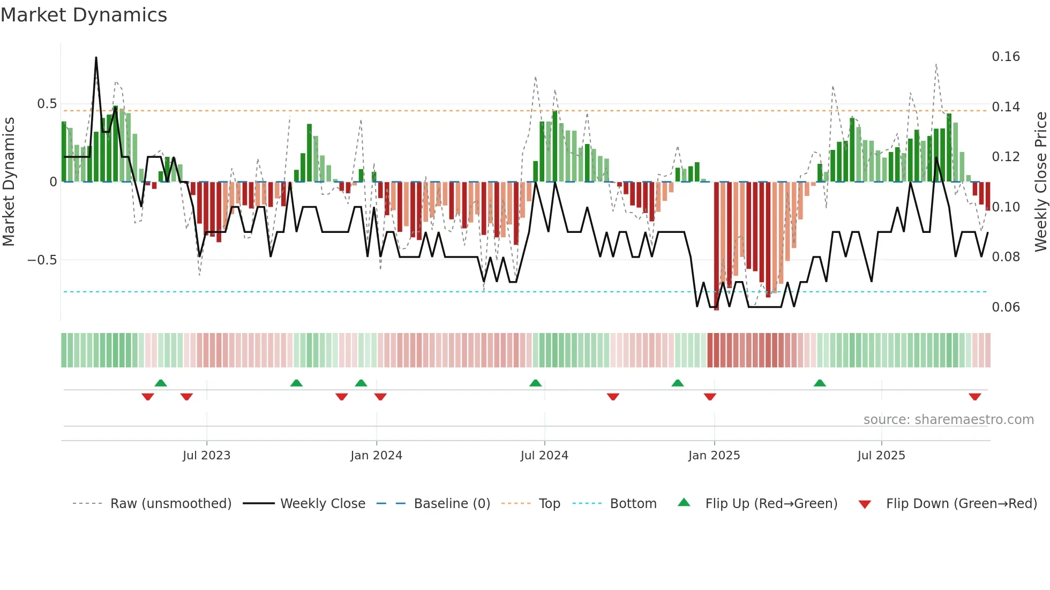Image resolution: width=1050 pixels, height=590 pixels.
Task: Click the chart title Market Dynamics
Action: point(84,15)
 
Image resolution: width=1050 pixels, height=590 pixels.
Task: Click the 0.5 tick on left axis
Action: point(47,104)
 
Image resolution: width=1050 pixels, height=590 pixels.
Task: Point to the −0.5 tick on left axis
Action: point(42,260)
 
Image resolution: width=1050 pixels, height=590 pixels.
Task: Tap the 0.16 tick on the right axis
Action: point(1006,57)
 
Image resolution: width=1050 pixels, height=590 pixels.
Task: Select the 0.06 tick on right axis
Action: point(1006,307)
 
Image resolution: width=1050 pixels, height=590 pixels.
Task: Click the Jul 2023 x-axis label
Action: point(206,456)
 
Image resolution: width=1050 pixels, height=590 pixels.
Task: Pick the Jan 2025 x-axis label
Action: point(714,456)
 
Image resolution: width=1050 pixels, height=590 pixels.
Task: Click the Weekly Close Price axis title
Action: point(1040,182)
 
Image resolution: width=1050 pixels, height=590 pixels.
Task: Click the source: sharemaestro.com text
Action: point(948,420)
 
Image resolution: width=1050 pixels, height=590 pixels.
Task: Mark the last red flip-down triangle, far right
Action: point(974,397)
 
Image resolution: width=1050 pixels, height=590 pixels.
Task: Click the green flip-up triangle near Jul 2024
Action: point(535,383)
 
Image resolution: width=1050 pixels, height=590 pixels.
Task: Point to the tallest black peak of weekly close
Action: point(96,57)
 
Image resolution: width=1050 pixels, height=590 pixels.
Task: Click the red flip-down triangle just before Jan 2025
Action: point(710,397)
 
